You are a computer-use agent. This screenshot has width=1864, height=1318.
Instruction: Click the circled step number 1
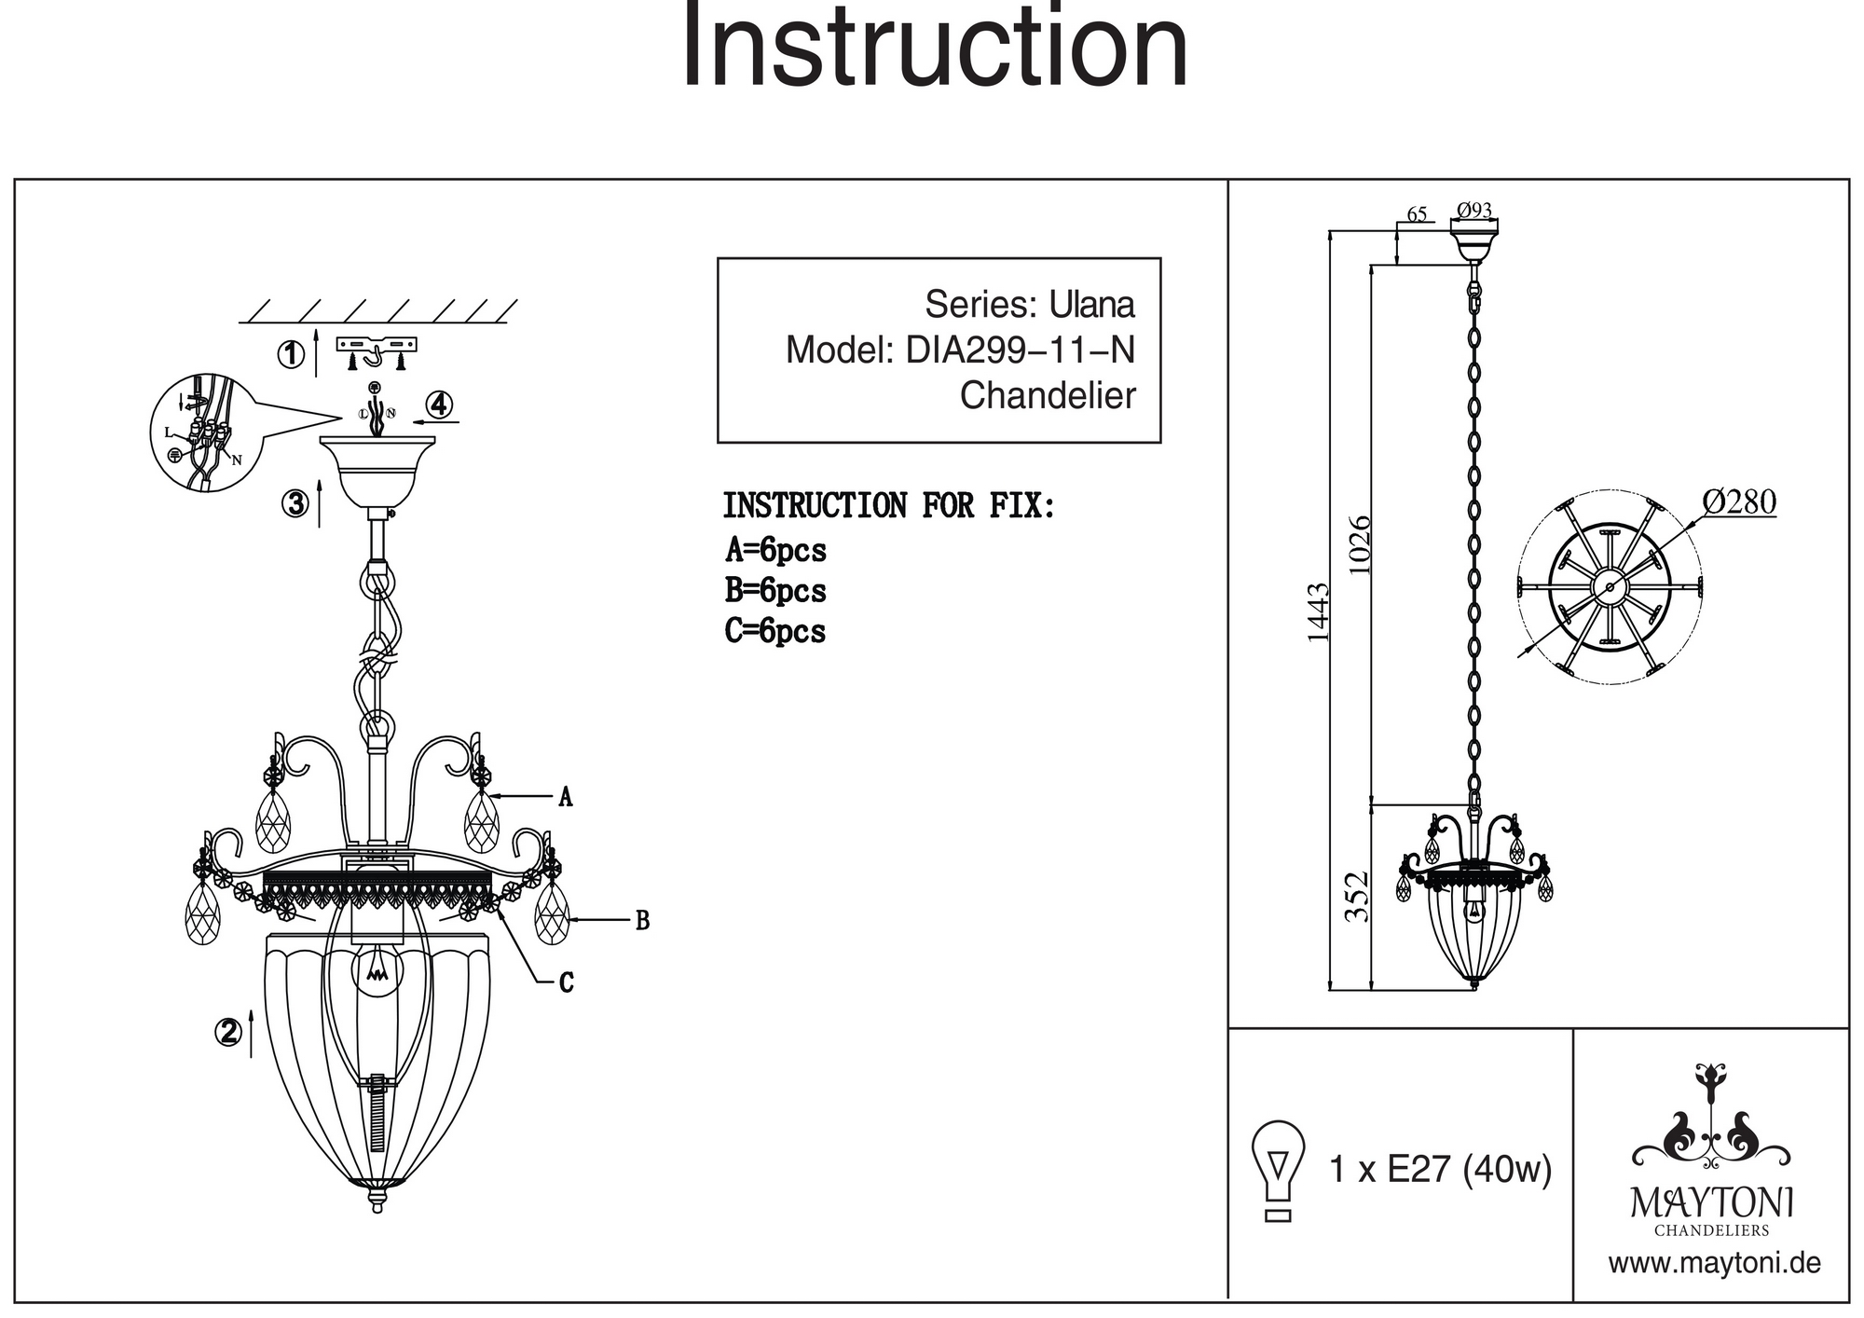coord(291,355)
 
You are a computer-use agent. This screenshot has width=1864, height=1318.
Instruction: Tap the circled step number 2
coord(228,1032)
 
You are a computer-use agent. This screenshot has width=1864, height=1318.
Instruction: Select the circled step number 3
coord(295,503)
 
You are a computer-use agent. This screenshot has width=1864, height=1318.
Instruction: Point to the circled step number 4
coord(439,405)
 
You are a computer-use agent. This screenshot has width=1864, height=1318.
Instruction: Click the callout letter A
coord(565,797)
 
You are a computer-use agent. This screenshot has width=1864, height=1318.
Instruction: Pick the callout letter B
coord(642,921)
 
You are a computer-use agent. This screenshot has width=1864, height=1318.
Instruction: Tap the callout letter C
coord(566,982)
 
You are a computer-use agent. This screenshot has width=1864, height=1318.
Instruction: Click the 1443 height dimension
coord(1317,612)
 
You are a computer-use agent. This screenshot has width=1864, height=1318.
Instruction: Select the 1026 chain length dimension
coord(1361,544)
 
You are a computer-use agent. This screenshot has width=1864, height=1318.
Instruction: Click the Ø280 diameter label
coord(1739,502)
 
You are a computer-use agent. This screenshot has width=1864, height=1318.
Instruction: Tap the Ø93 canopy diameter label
coord(1474,210)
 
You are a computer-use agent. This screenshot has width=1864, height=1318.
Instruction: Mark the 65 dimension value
coord(1417,214)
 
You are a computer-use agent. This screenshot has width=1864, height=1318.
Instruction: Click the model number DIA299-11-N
coord(1021,350)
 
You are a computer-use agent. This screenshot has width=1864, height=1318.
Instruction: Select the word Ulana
coord(1092,305)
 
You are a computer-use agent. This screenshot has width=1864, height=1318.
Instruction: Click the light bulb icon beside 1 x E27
coord(1278,1170)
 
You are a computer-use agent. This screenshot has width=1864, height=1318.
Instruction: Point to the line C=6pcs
coord(775,631)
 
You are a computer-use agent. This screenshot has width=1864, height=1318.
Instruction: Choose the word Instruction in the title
coord(935,47)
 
